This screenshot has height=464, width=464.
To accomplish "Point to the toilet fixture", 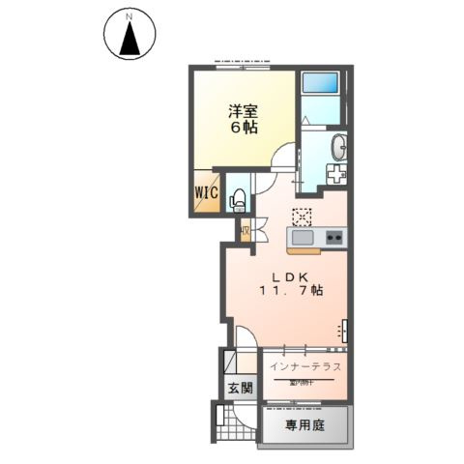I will (x=238, y=198).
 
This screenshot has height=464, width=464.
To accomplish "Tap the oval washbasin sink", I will (x=339, y=148).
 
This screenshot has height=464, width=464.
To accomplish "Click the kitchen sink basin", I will (x=301, y=238).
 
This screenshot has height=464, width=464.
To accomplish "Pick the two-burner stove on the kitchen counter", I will (x=333, y=238).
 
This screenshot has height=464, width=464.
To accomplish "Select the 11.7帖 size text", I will (x=289, y=290).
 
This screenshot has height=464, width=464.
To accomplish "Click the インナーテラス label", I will (x=304, y=367).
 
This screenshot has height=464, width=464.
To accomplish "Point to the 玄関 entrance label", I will (x=240, y=389).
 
